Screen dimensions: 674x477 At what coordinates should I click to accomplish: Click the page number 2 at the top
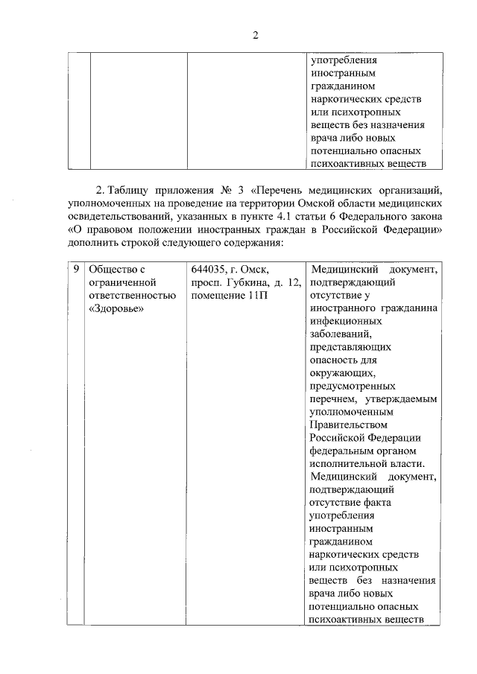coord(255,35)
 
